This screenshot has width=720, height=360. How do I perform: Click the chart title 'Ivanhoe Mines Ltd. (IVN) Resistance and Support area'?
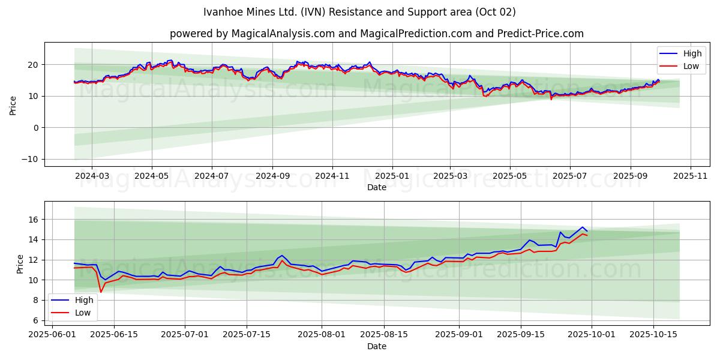(359, 12)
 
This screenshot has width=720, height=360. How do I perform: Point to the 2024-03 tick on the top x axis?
(92, 176)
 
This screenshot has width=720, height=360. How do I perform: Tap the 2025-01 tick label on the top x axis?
(392, 176)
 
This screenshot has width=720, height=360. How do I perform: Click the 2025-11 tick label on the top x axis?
(691, 176)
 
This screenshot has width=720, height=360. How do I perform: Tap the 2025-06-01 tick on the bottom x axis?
(52, 335)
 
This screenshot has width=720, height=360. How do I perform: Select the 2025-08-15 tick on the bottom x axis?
(384, 335)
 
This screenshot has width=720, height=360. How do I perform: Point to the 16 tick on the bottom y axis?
(34, 220)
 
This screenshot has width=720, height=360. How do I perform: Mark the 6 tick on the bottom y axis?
(37, 320)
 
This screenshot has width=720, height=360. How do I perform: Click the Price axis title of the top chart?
(13, 106)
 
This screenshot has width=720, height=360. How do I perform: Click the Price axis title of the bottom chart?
(20, 264)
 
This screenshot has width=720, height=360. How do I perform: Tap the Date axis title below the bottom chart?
(376, 346)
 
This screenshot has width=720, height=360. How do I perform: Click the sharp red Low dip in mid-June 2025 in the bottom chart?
(101, 292)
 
